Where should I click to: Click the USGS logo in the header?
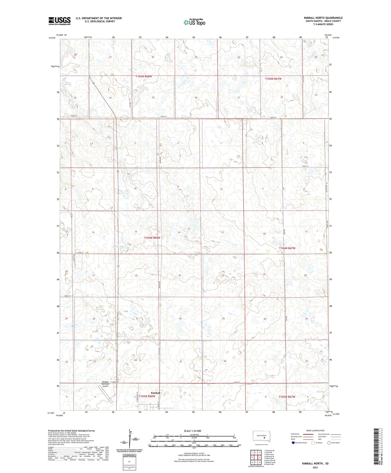click(x=59, y=21)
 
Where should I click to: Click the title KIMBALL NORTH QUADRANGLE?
click(x=323, y=18)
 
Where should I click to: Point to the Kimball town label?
click(x=156, y=393)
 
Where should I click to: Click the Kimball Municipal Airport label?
click(x=105, y=384)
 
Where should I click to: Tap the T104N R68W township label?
click(x=152, y=238)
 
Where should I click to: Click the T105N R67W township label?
click(x=273, y=79)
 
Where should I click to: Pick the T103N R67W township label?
click(x=287, y=397)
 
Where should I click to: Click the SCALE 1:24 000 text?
click(x=192, y=431)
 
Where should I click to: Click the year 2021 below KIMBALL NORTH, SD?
click(x=315, y=468)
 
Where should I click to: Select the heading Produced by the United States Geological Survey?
click(x=71, y=430)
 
